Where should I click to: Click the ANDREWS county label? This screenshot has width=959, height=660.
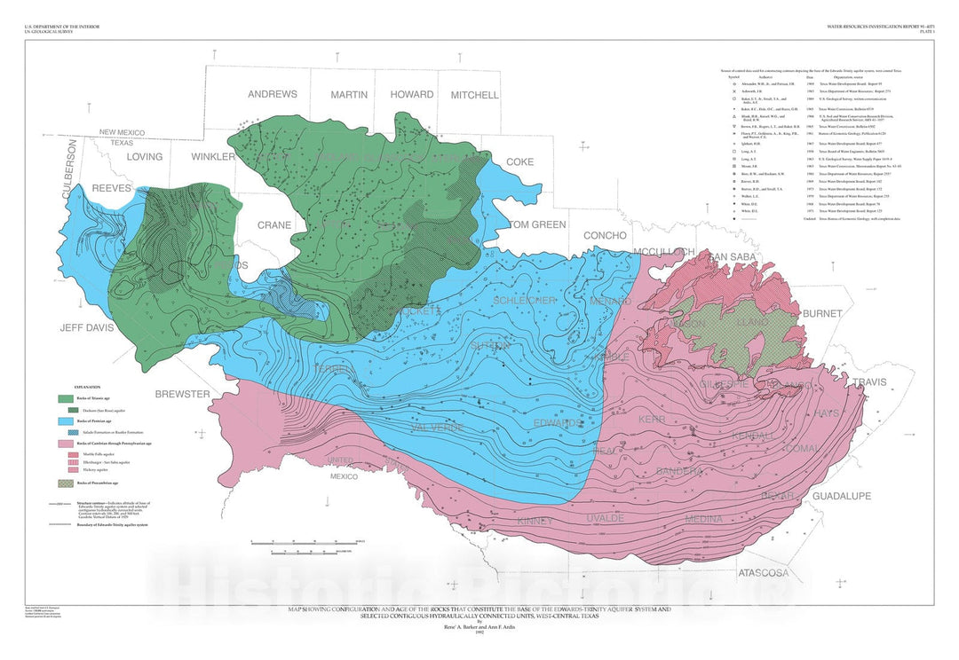273,94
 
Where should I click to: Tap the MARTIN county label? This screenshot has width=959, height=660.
349,95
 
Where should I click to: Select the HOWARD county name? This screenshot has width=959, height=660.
412,95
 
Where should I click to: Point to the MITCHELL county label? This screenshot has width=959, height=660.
474,95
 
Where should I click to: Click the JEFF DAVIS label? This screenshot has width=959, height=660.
88,327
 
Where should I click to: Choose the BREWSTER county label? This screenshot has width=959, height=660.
182,394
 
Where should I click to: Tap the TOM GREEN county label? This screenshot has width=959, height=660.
537,224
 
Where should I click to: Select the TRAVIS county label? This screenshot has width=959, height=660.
869,382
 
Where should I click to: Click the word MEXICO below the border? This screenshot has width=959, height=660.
343,476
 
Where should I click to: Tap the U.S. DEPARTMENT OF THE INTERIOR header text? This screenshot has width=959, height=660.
62,27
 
